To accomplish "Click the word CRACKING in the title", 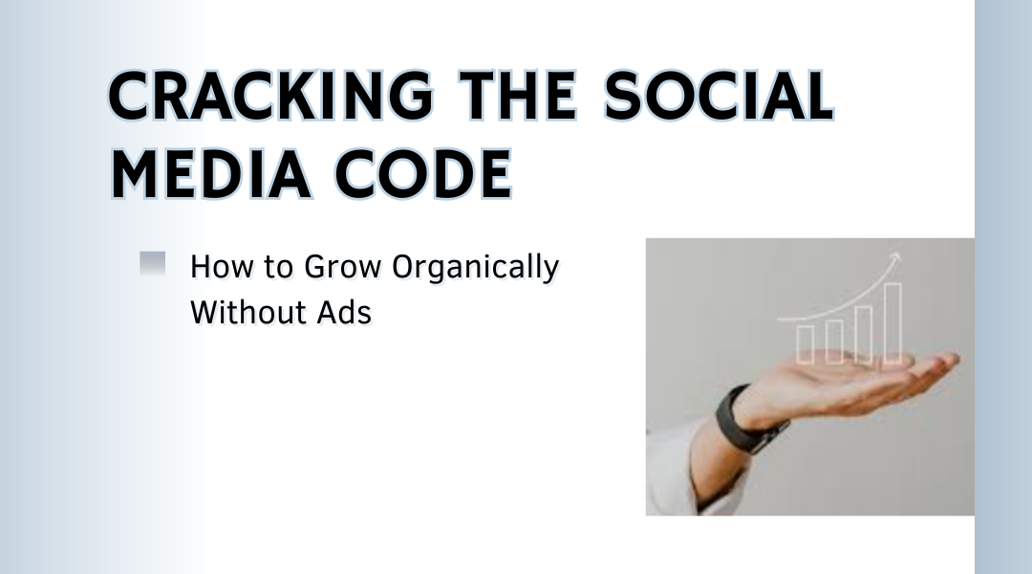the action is (270, 96).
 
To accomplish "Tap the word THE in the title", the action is (518, 96).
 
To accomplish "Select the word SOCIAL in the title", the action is (719, 96).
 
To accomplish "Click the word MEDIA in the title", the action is (210, 174).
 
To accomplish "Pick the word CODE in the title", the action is (423, 174).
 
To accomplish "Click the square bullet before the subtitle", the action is (153, 264).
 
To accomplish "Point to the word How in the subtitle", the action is (221, 267).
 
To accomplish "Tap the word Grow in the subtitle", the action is (342, 267).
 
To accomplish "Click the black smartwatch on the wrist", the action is (747, 420).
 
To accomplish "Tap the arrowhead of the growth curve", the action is (894, 258).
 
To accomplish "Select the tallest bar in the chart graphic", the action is (892, 323).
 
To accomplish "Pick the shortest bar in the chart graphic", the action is (805, 344).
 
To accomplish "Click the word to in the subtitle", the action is (278, 268).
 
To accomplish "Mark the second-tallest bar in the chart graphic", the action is (864, 335).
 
